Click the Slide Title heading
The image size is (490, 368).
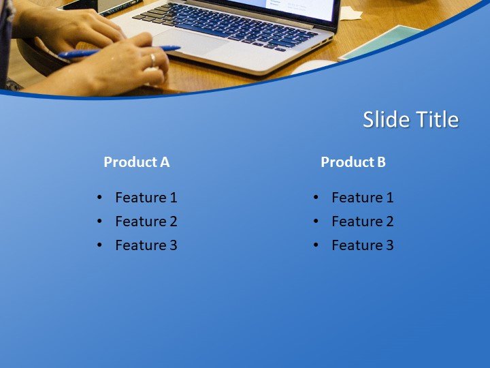(410, 119)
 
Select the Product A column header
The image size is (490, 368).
(136, 162)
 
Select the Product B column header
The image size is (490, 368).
(353, 162)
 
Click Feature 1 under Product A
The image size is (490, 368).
(146, 198)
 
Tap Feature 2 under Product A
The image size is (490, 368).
(146, 221)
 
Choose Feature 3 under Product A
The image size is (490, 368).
(146, 245)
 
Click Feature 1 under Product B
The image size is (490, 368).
(362, 198)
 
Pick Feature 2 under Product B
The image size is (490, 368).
(362, 221)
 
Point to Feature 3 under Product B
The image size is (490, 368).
(362, 245)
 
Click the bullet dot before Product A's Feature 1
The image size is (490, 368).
(100, 198)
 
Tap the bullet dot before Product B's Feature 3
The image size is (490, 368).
(316, 245)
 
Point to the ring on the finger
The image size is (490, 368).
(152, 59)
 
